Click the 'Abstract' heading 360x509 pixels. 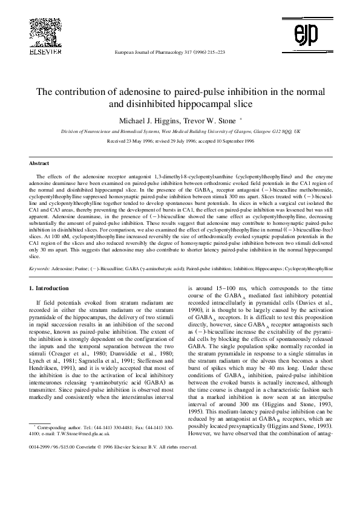click(x=40, y=163)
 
